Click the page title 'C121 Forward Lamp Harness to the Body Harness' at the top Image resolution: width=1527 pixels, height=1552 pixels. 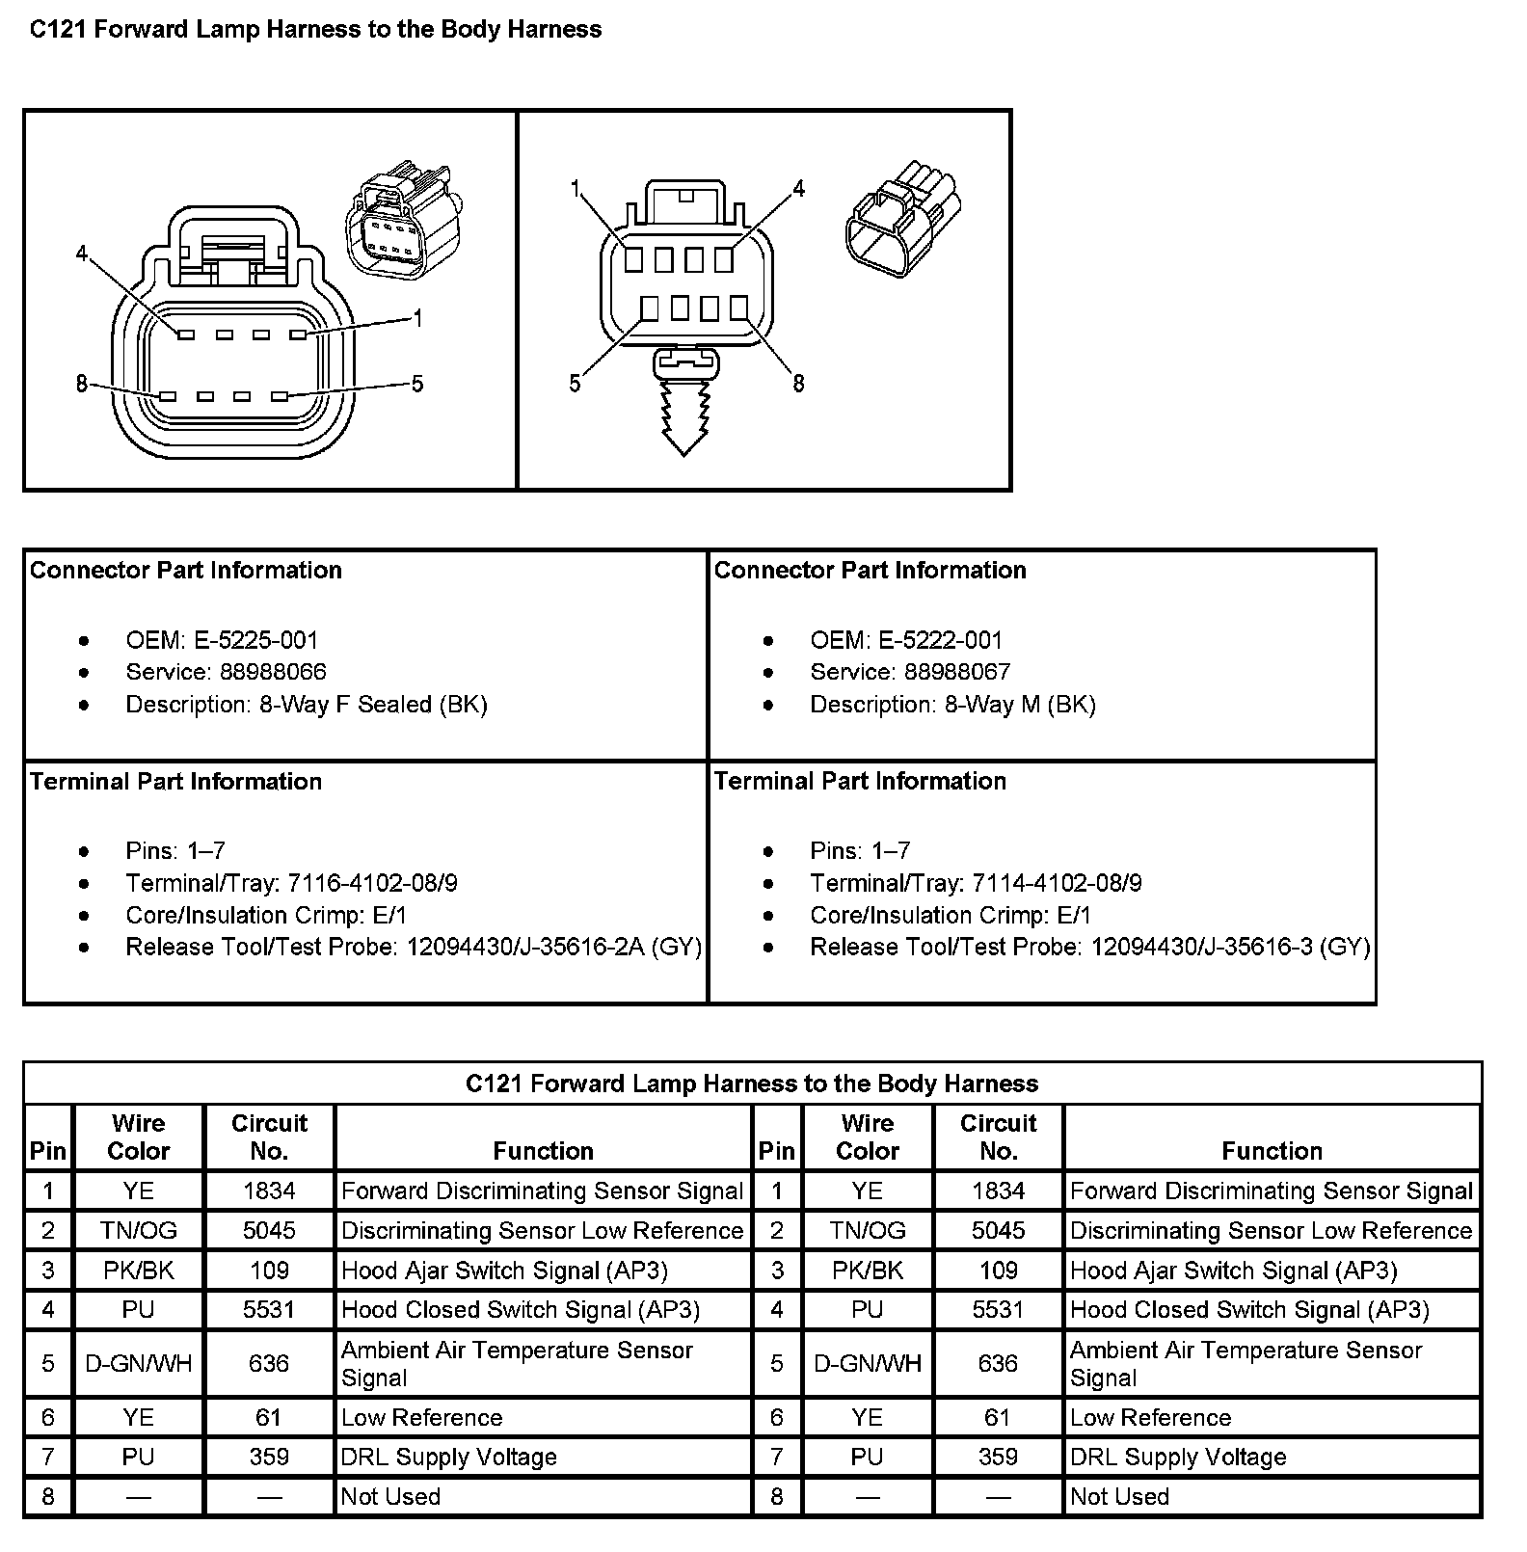tap(315, 30)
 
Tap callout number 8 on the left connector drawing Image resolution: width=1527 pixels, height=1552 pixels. tap(82, 385)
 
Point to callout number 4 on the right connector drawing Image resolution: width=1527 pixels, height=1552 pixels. tap(798, 189)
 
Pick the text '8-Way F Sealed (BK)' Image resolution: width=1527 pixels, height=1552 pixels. tap(373, 705)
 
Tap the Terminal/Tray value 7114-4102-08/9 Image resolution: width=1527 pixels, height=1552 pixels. tap(1057, 883)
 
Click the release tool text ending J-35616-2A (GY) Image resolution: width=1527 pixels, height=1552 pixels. tap(554, 947)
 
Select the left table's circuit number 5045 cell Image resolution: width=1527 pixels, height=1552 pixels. tap(269, 1231)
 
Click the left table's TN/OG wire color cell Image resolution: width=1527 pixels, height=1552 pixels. tap(139, 1231)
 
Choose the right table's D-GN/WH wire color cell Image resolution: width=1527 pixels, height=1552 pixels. tap(868, 1363)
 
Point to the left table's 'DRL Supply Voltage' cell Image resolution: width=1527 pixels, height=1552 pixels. tap(449, 1457)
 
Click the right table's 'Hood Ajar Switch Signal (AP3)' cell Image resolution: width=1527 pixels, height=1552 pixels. tap(1233, 1271)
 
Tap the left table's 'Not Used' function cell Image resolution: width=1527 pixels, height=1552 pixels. tap(391, 1496)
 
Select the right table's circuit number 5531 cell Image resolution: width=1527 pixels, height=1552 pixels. tap(998, 1310)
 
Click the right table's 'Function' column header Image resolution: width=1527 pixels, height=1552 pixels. tap(1272, 1151)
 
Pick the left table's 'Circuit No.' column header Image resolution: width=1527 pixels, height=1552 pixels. tap(269, 1137)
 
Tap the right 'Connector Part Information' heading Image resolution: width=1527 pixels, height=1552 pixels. tap(870, 571)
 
